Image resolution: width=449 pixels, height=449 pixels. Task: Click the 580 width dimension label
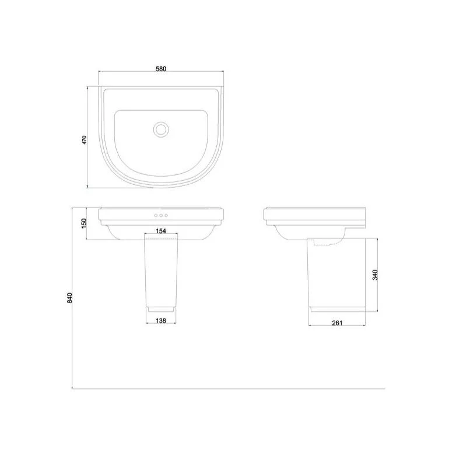pyautogui.click(x=161, y=69)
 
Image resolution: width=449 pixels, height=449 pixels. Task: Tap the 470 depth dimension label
pyautogui.click(x=84, y=140)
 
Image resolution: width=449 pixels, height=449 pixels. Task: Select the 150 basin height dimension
pyautogui.click(x=84, y=223)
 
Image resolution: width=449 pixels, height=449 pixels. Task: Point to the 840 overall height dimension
pyautogui.click(x=70, y=297)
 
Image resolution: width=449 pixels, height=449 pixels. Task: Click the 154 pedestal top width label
pyautogui.click(x=161, y=231)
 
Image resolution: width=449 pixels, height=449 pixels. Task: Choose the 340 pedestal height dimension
pyautogui.click(x=376, y=273)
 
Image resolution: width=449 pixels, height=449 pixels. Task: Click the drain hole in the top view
pyautogui.click(x=161, y=129)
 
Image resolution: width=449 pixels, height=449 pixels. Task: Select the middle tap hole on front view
pyautogui.click(x=161, y=216)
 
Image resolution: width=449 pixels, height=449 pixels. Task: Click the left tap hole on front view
pyautogui.click(x=155, y=216)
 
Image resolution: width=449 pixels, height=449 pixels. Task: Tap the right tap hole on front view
pyautogui.click(x=167, y=216)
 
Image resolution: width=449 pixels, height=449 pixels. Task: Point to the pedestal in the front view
pyautogui.click(x=161, y=271)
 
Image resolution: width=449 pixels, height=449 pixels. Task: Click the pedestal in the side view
pyautogui.click(x=336, y=274)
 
